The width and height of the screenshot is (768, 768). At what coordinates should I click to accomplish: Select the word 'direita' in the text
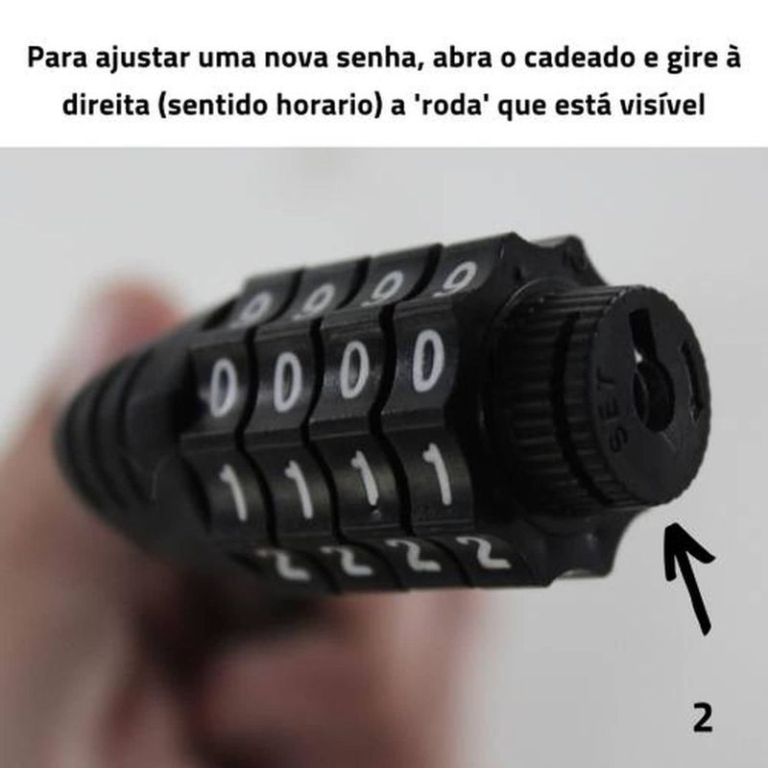click(106, 106)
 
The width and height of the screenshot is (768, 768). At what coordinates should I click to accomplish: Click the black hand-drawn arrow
click(689, 578)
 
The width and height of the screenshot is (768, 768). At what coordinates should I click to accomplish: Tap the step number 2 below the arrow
click(703, 718)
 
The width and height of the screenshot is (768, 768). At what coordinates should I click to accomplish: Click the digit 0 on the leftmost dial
click(223, 388)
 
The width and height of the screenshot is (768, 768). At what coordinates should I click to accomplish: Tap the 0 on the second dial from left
click(286, 380)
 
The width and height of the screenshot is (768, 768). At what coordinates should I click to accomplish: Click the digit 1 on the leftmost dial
click(232, 491)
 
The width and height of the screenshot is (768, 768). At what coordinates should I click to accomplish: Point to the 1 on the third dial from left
click(366, 476)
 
